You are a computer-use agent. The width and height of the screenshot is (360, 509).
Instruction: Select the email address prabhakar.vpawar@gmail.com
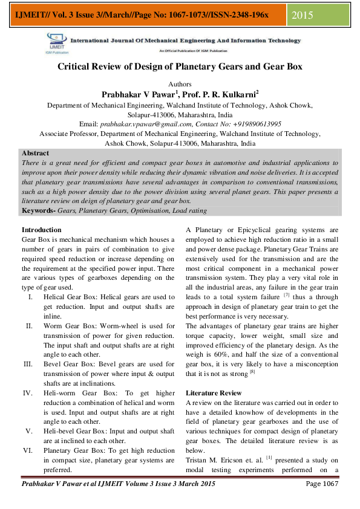(153, 124)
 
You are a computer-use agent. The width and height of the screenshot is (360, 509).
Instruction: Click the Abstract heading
(35, 154)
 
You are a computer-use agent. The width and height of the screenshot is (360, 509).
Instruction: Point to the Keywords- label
(39, 210)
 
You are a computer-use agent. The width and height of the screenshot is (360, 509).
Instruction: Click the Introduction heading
(41, 230)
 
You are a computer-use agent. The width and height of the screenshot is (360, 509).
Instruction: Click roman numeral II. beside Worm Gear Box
(28, 326)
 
